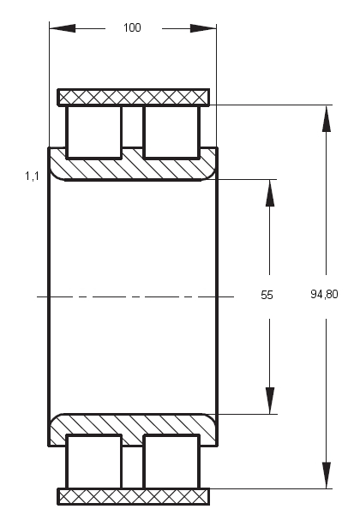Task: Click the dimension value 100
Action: point(132,27)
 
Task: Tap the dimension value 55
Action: point(267,295)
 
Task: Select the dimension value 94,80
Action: point(324,294)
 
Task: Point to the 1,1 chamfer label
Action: point(32,176)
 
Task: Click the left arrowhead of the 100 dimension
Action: point(63,28)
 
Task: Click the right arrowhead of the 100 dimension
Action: point(203,28)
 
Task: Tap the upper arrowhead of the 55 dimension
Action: point(270,193)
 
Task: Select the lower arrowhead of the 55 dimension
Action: point(270,400)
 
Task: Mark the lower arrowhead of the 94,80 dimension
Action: point(327,475)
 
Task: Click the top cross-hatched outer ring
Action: point(134,98)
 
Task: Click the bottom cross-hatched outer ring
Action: point(134,496)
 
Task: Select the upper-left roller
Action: point(94,132)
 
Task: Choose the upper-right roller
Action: point(171,132)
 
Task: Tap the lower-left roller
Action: point(94,461)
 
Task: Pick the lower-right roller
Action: point(171,461)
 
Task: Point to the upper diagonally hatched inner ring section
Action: point(133,170)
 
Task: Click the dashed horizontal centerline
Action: point(135,296)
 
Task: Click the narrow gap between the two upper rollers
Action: point(133,127)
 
